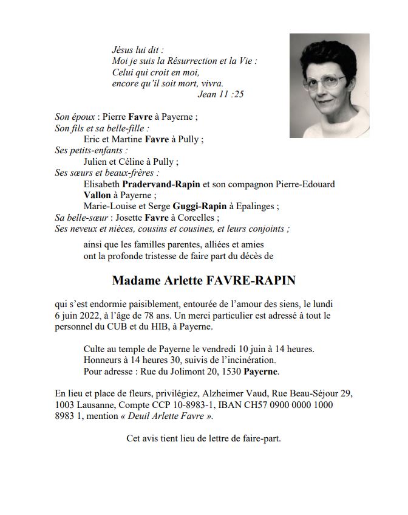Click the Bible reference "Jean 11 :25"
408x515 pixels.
pos(221,94)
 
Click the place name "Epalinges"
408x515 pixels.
pos(256,206)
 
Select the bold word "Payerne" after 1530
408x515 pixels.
pos(262,371)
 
